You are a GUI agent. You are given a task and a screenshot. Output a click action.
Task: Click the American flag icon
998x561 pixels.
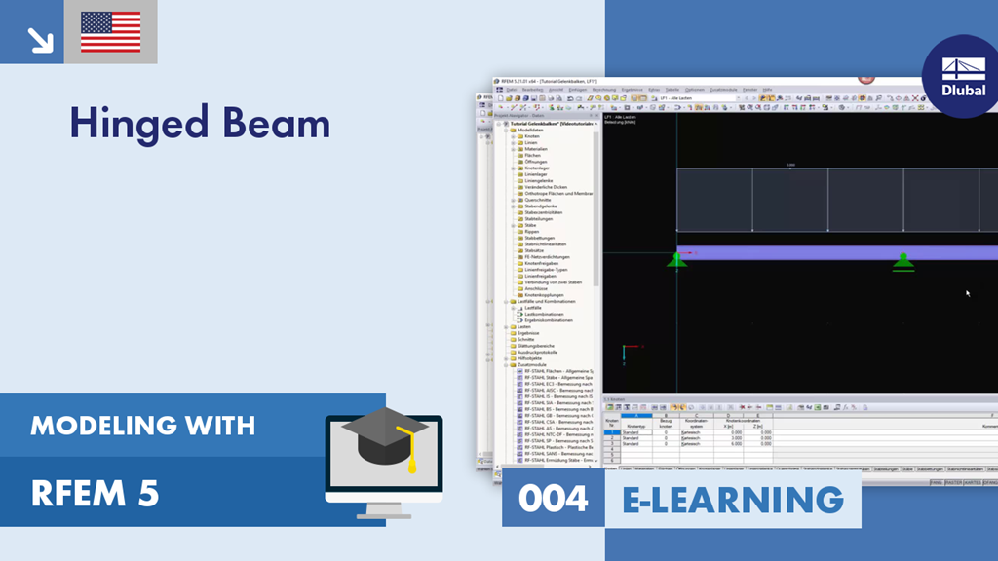(x=111, y=32)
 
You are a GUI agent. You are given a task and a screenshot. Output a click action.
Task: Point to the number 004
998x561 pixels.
(x=553, y=500)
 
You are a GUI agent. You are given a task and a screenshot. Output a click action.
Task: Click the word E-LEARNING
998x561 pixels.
(x=732, y=500)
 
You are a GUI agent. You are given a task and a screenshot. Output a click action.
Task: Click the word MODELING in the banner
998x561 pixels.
(x=95, y=425)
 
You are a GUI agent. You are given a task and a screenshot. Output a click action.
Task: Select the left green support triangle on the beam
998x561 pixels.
(x=676, y=259)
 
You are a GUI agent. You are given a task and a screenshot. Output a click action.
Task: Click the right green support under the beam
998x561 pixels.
(x=903, y=260)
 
